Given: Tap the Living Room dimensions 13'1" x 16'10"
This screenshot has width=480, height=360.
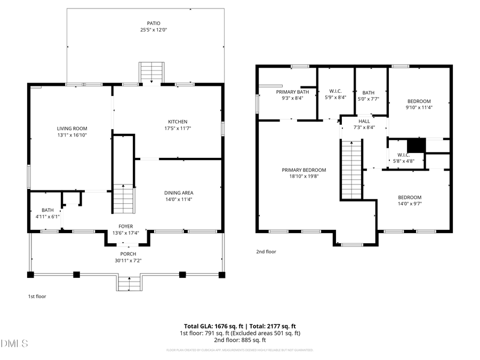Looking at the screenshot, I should point(72,135).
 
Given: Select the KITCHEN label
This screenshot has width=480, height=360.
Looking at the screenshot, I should point(178,122).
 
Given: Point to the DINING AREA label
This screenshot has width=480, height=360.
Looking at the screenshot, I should point(178,193).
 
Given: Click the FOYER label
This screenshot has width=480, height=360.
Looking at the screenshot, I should point(126,226).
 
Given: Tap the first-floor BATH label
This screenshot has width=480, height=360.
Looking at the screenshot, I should point(47,210).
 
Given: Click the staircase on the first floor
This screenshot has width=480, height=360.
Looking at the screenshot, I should point(123,198).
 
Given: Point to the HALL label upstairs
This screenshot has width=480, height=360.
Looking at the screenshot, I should point(364,121).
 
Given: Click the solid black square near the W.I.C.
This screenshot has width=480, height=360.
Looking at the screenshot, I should point(415,146).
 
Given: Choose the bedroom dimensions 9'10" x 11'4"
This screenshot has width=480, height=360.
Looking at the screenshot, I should point(419,107).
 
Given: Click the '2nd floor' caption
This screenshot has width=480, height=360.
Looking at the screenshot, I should point(266,251).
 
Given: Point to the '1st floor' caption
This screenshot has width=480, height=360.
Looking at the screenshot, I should point(38,296).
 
